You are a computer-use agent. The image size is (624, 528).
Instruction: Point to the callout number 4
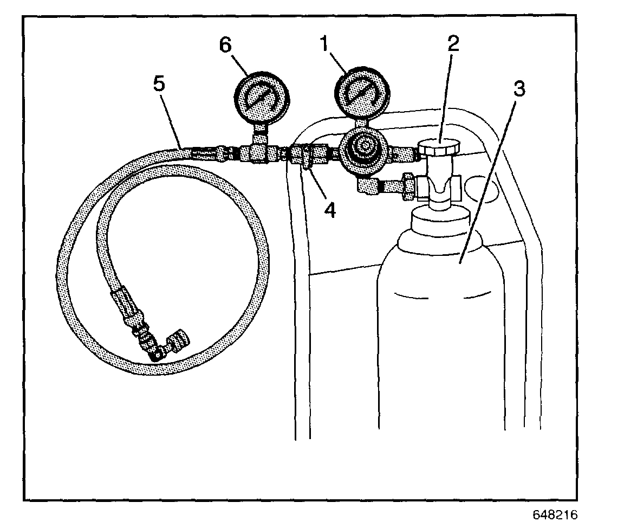(329, 209)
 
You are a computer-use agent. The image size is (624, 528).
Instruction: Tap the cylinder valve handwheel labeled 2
(439, 146)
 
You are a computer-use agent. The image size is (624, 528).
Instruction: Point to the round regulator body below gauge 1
(363, 148)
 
